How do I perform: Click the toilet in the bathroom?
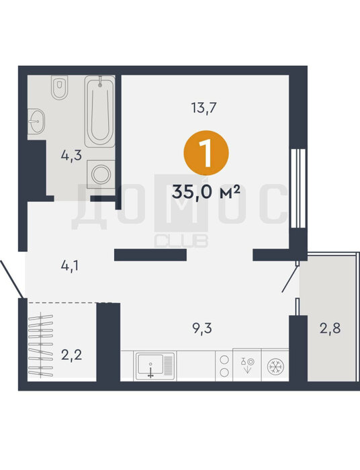59,87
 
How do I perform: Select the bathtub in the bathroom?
100,111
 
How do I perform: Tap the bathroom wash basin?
36,121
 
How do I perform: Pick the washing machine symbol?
101,174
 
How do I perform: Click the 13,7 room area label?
204,107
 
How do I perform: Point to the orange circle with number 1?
206,153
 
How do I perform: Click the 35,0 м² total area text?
206,192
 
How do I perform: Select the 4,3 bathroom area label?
71,156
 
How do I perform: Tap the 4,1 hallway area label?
70,266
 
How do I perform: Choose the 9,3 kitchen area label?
202,328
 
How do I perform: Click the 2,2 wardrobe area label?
71,355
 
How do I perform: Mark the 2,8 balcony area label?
330,328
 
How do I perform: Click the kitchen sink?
155,366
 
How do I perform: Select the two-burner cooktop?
224,366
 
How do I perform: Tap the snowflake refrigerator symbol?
275,367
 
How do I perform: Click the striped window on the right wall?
298,189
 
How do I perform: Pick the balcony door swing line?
290,279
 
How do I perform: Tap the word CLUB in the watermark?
181,241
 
